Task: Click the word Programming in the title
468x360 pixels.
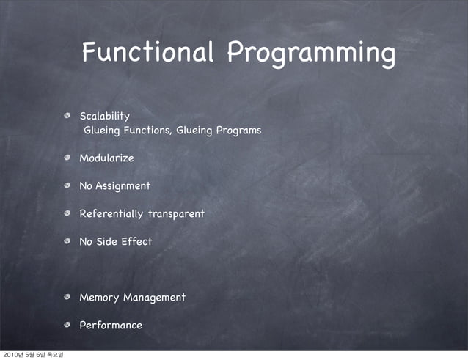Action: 311,54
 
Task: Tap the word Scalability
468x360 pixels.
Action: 104,116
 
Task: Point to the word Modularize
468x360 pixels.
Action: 106,158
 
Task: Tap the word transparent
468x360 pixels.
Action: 176,214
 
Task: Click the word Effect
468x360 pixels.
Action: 136,241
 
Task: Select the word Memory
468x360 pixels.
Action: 99,297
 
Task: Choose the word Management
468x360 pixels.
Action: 154,298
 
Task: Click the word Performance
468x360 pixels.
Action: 111,325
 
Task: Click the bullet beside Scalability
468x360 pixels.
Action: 67,117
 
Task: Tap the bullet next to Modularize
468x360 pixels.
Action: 67,158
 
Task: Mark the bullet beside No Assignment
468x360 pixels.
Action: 67,186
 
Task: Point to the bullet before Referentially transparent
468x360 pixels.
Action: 67,214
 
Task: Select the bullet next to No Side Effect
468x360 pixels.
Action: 67,242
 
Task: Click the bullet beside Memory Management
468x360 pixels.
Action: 67,298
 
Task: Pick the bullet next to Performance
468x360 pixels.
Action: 67,326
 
